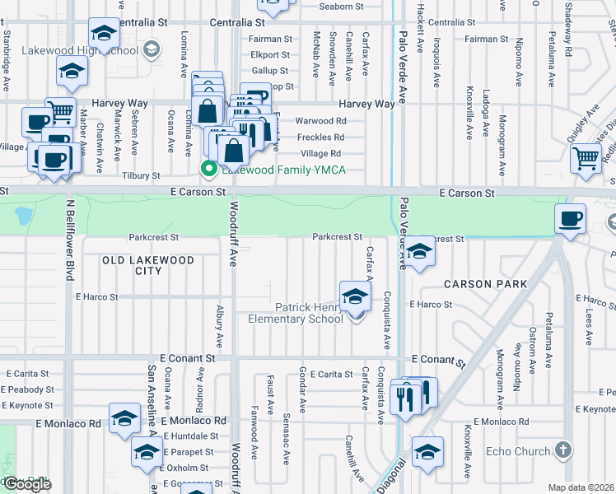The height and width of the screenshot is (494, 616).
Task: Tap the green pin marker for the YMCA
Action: (x=209, y=170)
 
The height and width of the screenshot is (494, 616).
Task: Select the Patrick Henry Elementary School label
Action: (x=309, y=313)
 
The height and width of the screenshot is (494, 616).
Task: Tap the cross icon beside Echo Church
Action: (x=562, y=450)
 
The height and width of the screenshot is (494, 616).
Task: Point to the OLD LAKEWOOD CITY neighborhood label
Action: (x=148, y=265)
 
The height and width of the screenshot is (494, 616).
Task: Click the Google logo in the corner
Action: (x=26, y=484)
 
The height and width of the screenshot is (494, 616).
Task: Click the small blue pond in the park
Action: (x=22, y=216)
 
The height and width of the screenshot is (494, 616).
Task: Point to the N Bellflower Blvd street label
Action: (x=70, y=238)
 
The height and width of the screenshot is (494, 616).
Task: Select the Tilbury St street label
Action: (x=141, y=176)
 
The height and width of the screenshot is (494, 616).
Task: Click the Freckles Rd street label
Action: (x=320, y=137)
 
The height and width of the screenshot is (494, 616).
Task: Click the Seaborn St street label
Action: (x=341, y=7)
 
